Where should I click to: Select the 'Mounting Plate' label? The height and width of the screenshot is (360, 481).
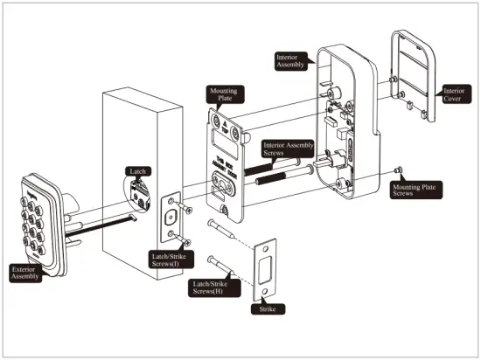(x=222, y=94)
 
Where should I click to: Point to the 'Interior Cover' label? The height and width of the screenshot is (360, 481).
(x=454, y=93)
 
